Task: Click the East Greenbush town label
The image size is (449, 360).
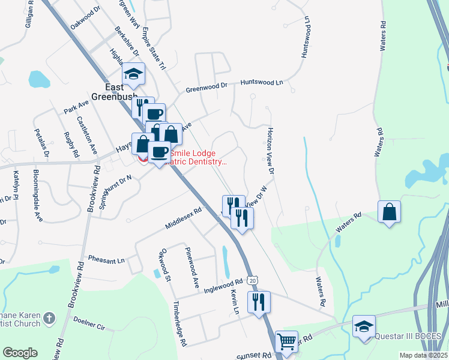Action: coord(115,91)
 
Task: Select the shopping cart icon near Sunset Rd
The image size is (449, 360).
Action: coord(287,341)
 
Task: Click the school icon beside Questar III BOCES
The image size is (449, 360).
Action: coord(364,326)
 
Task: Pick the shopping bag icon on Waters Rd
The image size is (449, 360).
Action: coord(390,211)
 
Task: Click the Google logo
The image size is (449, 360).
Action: coord(20,353)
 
